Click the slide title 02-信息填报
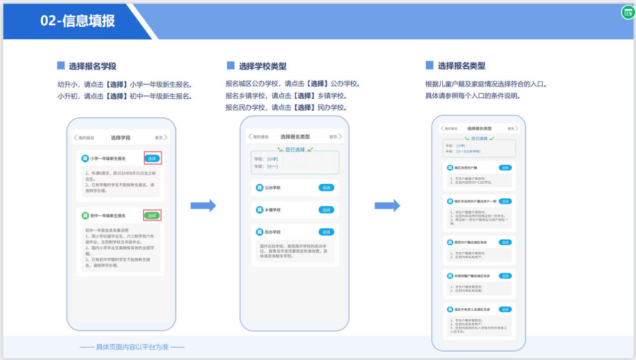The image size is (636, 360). point(78,21)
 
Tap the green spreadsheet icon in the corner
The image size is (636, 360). point(628,12)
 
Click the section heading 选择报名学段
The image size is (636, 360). point(92,66)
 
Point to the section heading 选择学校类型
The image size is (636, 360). point(262,66)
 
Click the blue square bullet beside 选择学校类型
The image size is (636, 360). point(231,66)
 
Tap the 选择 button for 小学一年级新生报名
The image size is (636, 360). point(152,158)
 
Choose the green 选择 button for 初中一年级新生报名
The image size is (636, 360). point(152,216)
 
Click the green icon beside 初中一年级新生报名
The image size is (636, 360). point(85,216)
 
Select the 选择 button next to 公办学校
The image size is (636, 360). point(326,188)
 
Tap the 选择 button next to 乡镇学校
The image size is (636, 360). point(326,210)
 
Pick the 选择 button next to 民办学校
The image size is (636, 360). point(326,232)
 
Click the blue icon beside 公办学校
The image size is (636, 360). point(259,188)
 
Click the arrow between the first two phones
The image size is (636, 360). point(203,206)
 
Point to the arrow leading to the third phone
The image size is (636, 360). point(387,206)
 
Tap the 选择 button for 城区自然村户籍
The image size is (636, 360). point(505,168)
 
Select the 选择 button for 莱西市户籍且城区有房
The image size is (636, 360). point(505,242)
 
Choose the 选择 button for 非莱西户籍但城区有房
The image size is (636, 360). point(505,276)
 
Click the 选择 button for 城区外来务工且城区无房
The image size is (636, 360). point(505,309)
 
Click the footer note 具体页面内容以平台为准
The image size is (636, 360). point(132,347)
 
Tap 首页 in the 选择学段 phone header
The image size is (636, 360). point(159,138)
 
